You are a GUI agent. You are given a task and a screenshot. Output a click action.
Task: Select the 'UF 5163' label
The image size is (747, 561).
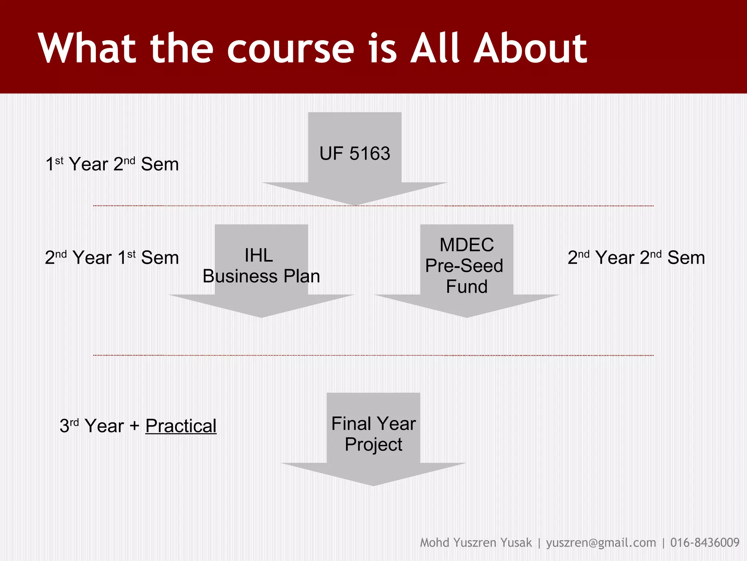pyautogui.click(x=355, y=153)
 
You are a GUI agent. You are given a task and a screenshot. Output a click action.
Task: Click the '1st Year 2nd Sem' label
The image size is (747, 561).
pyautogui.click(x=112, y=164)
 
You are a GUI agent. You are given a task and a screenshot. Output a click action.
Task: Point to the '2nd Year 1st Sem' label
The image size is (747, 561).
pyautogui.click(x=112, y=257)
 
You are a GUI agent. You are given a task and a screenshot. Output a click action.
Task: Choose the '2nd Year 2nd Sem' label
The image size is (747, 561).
pyautogui.click(x=636, y=257)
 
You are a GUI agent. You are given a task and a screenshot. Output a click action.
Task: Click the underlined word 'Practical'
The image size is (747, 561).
pyautogui.click(x=181, y=426)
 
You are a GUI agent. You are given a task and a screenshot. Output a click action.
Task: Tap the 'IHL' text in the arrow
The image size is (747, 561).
pyautogui.click(x=259, y=255)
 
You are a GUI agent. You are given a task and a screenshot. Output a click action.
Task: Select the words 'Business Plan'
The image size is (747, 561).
pyautogui.click(x=261, y=276)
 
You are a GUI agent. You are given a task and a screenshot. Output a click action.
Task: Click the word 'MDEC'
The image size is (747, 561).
pyautogui.click(x=467, y=245)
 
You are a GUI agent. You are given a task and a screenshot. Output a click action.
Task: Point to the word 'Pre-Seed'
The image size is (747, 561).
pyautogui.click(x=464, y=266)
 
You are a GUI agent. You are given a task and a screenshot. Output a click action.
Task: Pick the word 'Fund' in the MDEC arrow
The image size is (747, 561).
pyautogui.click(x=467, y=286)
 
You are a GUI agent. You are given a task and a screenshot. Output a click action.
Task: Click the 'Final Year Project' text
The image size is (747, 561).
pyautogui.click(x=373, y=434)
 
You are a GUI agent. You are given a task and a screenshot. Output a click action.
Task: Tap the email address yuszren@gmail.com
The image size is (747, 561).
pyautogui.click(x=601, y=543)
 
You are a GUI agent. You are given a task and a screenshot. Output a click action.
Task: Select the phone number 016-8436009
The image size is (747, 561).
pyautogui.click(x=705, y=543)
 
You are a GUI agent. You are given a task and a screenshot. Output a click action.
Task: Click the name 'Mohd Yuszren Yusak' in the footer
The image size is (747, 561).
pyautogui.click(x=476, y=543)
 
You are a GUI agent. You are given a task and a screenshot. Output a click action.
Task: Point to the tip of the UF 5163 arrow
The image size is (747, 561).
pyautogui.click(x=355, y=204)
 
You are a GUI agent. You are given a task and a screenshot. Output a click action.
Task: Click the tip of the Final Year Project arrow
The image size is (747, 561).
pyautogui.click(x=373, y=484)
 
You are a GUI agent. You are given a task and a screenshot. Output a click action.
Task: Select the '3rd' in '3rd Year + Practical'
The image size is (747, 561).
pyautogui.click(x=69, y=426)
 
